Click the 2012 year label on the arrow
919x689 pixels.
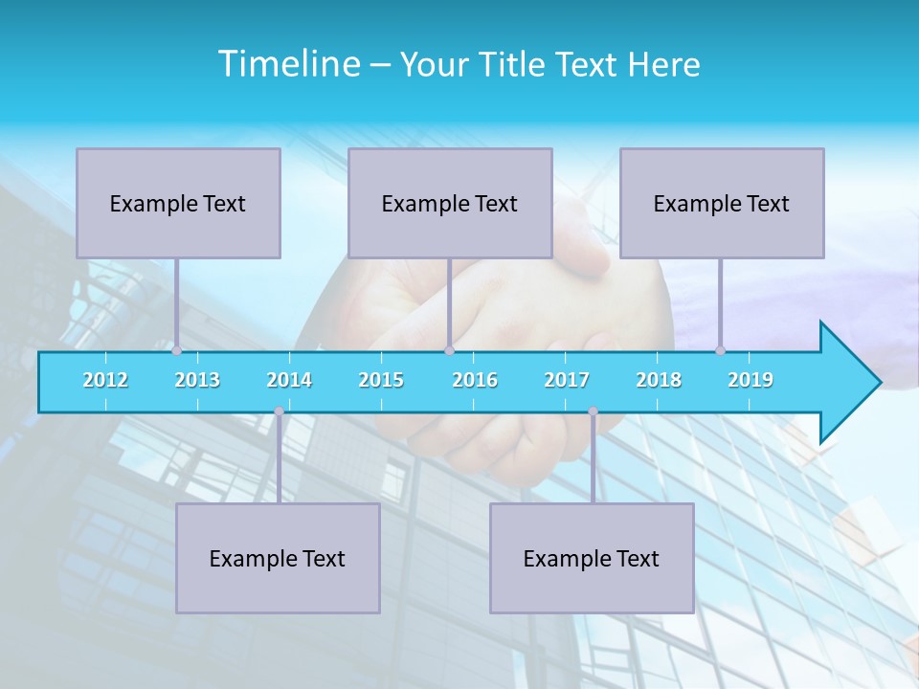tap(105, 380)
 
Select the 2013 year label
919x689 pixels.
tap(197, 380)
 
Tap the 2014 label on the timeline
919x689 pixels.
tap(289, 380)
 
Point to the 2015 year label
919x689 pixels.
tap(381, 380)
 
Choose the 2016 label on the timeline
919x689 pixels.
tap(475, 380)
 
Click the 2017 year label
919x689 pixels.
tap(567, 380)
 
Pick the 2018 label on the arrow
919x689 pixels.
tap(659, 380)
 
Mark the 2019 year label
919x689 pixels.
tap(751, 380)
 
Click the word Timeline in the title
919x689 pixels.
tap(287, 64)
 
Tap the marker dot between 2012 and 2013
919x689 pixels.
tap(176, 351)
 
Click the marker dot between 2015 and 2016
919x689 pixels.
tap(449, 351)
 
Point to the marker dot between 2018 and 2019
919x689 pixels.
tap(721, 351)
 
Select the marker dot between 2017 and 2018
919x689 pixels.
tap(593, 411)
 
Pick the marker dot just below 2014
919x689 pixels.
tap(279, 411)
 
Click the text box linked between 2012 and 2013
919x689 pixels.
tap(178, 203)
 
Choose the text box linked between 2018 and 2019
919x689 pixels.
tap(722, 203)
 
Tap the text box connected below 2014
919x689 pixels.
tap(278, 558)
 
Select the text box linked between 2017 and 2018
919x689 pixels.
tap(592, 558)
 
